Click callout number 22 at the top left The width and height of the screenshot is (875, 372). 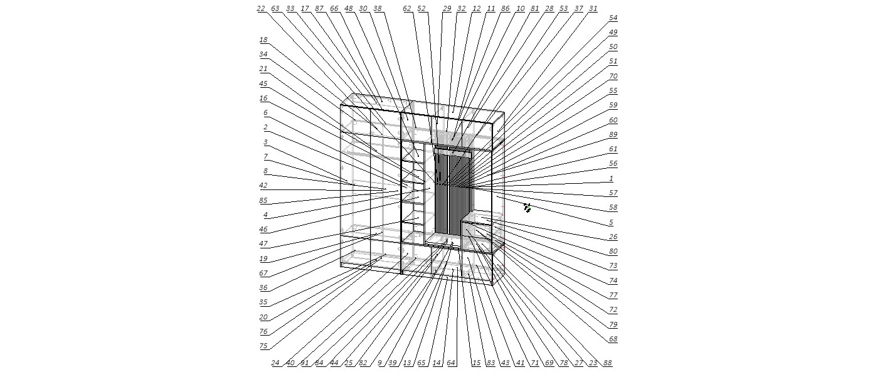coord(261,8)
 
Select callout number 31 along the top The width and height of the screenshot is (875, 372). coord(593,8)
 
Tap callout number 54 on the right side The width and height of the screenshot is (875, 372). coord(613,18)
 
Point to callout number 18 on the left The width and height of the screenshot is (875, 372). coord(263,40)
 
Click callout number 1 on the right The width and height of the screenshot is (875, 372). coord(612,178)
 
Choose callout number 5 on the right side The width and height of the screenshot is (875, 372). coord(612,222)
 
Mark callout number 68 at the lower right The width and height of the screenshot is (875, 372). coord(613,339)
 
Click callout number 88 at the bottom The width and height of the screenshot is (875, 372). coord(607,363)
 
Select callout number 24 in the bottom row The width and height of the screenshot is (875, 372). coord(275,363)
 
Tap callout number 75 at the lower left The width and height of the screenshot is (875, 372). coord(263,346)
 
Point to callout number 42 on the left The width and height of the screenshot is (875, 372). coord(263,185)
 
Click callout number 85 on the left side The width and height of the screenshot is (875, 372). coord(263,200)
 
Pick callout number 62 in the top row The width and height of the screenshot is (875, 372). coord(407,8)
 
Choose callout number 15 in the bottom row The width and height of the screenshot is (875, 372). coord(476,363)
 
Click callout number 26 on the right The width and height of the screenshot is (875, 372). coord(613,236)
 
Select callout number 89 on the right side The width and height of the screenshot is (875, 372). coord(613,134)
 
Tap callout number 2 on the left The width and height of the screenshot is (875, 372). coord(265,127)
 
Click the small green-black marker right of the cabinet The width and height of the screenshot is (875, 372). coord(528,208)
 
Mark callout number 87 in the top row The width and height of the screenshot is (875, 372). coord(319,8)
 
